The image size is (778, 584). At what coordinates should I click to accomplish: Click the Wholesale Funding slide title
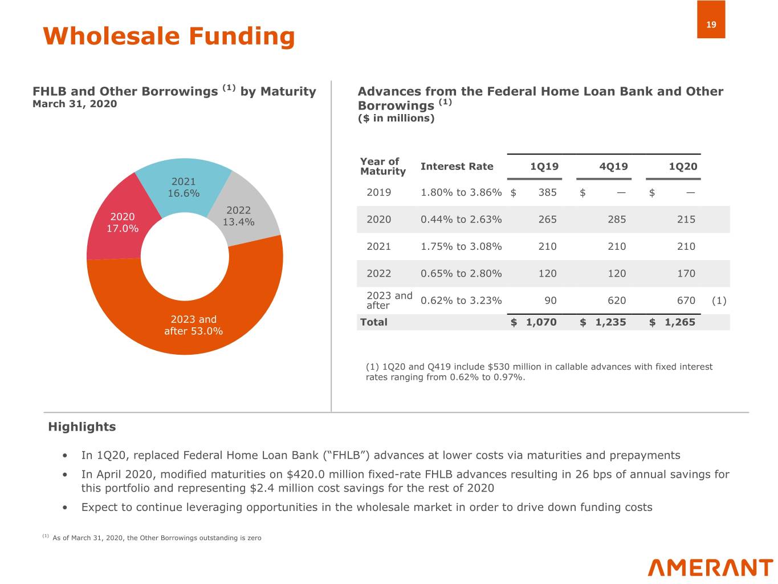169,36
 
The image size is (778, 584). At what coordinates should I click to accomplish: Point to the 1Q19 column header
544,167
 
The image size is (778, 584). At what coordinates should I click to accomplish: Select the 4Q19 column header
613,167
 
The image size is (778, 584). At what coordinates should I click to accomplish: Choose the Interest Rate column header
457,167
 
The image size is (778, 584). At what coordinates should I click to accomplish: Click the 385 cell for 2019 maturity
547,192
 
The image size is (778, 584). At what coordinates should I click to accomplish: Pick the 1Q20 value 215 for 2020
686,220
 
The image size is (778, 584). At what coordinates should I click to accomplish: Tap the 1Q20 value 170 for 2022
686,274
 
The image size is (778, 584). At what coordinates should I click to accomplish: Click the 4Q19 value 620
616,301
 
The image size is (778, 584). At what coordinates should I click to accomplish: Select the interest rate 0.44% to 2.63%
461,220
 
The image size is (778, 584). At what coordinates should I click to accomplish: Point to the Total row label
374,322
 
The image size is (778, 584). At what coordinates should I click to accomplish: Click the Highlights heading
82,427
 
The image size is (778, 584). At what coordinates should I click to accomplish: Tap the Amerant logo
710,568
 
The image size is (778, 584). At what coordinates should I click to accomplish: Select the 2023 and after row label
389,301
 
